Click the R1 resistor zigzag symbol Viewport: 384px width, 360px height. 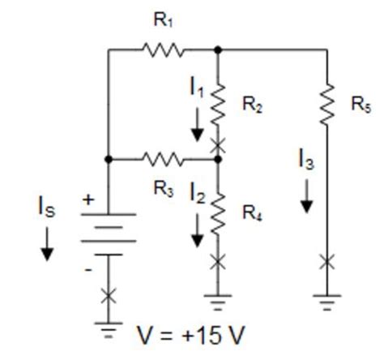coord(164,49)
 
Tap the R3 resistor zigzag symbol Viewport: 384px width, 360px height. coord(164,159)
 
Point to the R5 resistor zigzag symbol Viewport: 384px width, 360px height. coord(326,104)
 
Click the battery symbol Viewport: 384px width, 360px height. coord(109,231)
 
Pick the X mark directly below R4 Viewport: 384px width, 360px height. coord(218,260)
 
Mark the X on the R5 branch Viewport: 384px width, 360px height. coord(326,261)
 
